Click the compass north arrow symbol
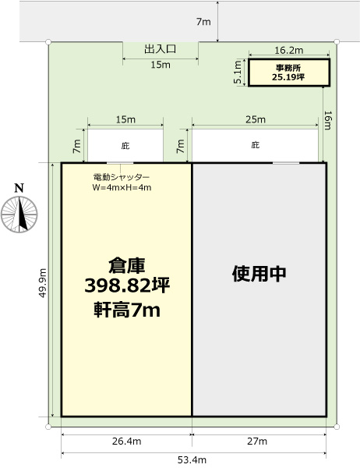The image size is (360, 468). coord(19,214)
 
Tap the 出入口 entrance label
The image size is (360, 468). coord(161,49)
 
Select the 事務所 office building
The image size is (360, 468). coord(289,73)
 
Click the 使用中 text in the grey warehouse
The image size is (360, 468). coord(259,274)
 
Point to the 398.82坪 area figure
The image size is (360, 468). coord(127,285)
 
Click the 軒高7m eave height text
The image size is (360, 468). coord(127,310)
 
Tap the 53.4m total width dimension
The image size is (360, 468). coord(192,460)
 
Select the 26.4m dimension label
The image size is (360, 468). coord(127,441)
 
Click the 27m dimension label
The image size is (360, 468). coord(257,441)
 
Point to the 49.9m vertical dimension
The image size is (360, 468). coord(43,282)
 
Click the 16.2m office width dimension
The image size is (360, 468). coord(289,50)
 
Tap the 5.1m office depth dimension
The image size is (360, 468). coord(238,73)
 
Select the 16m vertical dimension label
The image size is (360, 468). coord(327,121)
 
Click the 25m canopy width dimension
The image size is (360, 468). coord(256,119)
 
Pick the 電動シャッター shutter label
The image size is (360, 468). coord(122,177)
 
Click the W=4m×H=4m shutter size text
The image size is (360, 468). coord(122,187)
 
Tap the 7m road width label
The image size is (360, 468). coord(203,22)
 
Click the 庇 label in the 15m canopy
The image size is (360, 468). coord(125,146)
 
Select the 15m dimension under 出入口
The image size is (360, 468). coord(161,65)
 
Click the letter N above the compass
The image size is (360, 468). coord(19,188)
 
